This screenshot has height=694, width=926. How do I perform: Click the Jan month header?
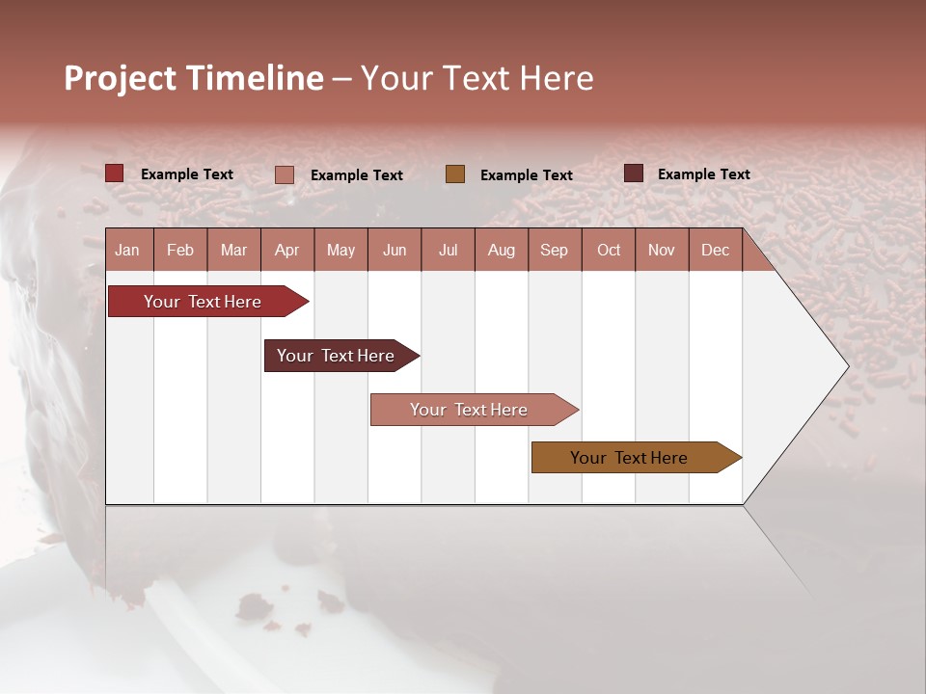coord(127,250)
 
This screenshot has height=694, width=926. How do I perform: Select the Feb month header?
coord(180,250)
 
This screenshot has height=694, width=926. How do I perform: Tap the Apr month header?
coord(287,250)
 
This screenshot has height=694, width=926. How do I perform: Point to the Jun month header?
coord(395,250)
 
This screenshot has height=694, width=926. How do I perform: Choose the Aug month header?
coord(502,250)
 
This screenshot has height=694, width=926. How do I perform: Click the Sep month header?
coord(555,250)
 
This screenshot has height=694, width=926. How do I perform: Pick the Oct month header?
coord(609,250)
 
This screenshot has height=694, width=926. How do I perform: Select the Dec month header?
coord(716,250)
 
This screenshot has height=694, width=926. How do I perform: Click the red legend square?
coord(115,173)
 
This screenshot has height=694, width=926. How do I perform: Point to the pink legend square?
coord(285,174)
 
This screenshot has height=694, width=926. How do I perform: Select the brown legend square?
coord(455,174)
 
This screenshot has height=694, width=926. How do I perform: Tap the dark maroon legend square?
coord(634,173)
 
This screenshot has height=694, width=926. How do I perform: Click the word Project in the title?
coord(121,78)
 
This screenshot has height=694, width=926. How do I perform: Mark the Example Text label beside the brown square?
coord(527,175)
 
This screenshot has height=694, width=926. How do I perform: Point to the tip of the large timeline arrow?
coord(847,366)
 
